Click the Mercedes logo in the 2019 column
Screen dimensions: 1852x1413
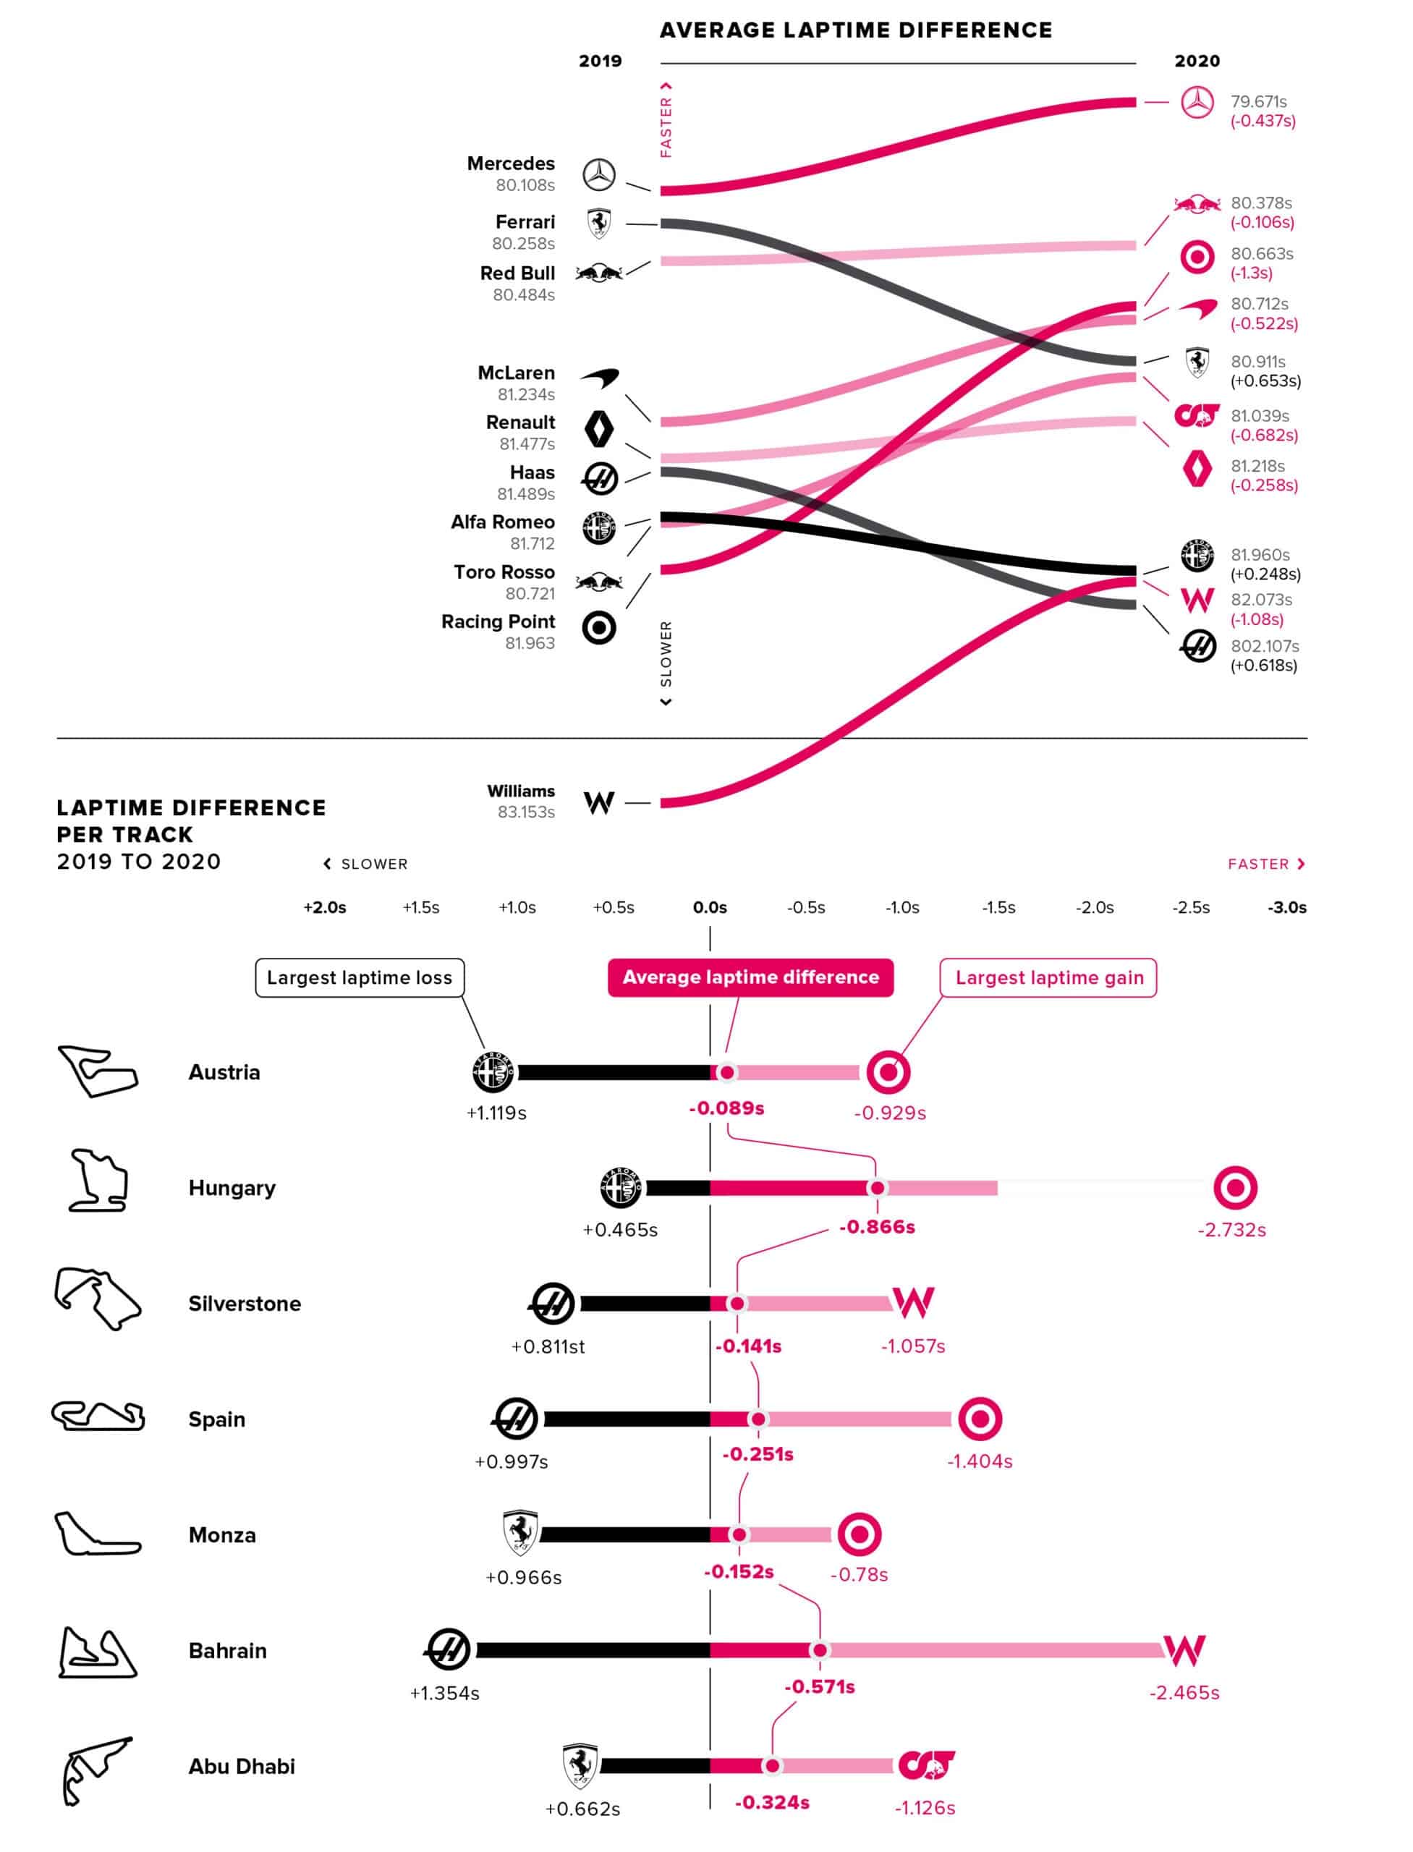coord(599,175)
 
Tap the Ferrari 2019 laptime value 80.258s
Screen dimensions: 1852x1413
coord(523,243)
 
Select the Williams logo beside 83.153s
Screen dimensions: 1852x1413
coord(599,802)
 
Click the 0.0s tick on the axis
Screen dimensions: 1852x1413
coord(710,907)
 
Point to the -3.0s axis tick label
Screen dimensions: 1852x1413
coord(1287,907)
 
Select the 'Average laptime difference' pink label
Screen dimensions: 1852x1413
coord(750,977)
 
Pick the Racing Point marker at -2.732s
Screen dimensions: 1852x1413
coord(1235,1188)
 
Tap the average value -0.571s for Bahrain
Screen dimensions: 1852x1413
coord(819,1686)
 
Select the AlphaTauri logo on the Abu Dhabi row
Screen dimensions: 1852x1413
coord(926,1765)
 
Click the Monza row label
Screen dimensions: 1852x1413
coord(222,1535)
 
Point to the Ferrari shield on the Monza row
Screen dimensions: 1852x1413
coord(521,1532)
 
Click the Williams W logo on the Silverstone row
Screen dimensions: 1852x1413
coord(912,1302)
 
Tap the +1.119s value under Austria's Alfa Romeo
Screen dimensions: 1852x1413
coord(496,1113)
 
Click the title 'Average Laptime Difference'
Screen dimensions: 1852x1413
coord(855,30)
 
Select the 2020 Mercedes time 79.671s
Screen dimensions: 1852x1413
coord(1258,102)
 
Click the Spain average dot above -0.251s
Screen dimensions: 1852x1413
coord(758,1419)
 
